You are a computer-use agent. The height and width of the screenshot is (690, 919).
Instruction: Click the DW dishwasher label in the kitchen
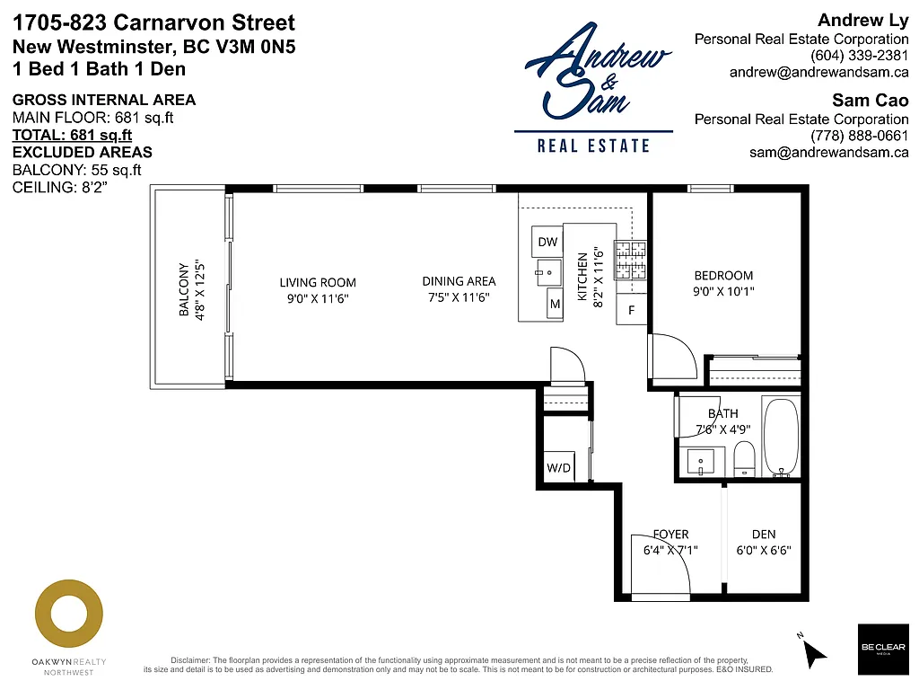coord(547,242)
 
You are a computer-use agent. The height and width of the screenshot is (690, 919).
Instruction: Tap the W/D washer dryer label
coord(558,467)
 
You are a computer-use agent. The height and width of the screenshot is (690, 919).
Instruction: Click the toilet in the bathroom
coord(745,459)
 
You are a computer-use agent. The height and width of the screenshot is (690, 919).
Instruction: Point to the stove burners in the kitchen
coord(630,261)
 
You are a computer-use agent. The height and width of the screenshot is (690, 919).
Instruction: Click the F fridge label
coord(631,311)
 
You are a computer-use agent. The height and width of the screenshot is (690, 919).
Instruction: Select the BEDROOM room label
coord(723,276)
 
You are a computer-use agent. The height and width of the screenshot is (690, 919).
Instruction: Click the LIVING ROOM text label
coord(318,282)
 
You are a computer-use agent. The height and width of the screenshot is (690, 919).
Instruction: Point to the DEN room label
coord(764,535)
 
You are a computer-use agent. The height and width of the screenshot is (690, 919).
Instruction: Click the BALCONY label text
coord(184,289)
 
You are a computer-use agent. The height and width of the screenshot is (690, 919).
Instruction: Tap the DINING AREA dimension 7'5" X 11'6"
coord(459,297)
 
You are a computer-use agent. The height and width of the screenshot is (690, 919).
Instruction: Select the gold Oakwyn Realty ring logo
coord(69,616)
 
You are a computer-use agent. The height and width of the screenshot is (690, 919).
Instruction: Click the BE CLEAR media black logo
coord(881,649)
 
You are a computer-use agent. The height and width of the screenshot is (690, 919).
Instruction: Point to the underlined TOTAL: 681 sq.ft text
coord(72,136)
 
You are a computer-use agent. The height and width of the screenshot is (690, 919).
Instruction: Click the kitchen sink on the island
coord(544,270)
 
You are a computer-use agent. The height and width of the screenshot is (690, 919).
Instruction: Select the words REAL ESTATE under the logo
coord(593,146)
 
